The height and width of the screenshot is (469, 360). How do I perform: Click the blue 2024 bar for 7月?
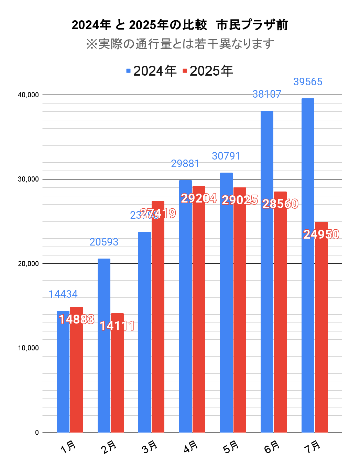click(x=308, y=265)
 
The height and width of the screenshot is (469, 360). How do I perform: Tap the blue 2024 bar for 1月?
click(x=63, y=371)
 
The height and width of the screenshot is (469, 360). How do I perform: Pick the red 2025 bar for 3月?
click(x=158, y=316)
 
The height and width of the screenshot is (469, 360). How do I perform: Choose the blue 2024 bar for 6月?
click(x=267, y=272)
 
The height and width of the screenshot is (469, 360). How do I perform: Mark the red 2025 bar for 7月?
click(x=321, y=327)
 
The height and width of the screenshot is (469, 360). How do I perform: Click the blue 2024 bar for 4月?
click(x=185, y=306)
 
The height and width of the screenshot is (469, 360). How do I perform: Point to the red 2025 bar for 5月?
click(x=240, y=309)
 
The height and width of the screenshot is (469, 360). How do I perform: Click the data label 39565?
click(x=308, y=82)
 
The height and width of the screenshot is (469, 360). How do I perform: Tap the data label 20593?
click(x=104, y=242)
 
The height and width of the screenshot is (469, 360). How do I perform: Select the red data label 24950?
click(x=321, y=235)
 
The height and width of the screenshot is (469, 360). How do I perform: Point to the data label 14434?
click(x=63, y=294)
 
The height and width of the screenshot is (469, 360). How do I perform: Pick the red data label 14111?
click(x=117, y=326)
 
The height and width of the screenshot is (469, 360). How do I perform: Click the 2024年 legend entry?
click(x=151, y=71)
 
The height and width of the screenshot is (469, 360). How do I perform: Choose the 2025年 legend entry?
click(x=208, y=71)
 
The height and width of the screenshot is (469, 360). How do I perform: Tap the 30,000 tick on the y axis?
click(x=28, y=179)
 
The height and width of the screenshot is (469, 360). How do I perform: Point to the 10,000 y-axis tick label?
click(x=28, y=348)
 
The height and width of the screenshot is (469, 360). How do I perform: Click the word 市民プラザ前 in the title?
click(x=252, y=25)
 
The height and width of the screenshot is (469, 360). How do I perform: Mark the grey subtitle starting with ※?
click(x=180, y=44)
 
